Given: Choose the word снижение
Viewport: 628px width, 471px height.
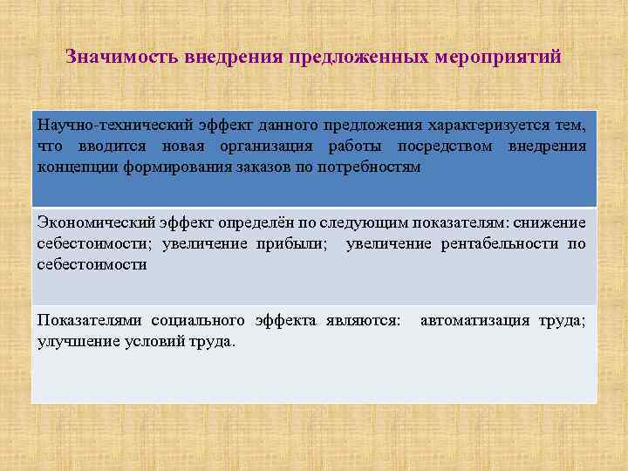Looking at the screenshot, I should [553, 224].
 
